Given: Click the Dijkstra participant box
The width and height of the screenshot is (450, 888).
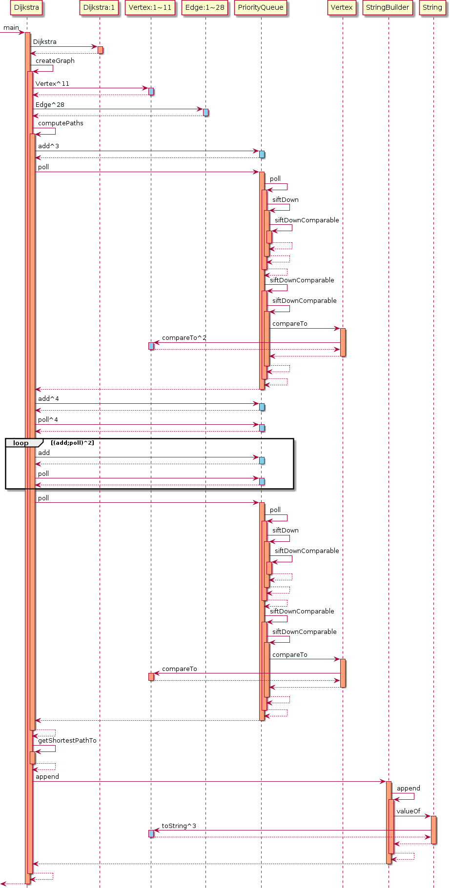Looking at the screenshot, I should click(x=26, y=7).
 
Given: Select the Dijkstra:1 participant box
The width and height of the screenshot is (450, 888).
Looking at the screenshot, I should click(x=99, y=7).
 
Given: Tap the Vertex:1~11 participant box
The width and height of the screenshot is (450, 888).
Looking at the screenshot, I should click(x=150, y=7).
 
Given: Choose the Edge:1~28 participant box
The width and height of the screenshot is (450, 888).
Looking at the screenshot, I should click(x=205, y=7).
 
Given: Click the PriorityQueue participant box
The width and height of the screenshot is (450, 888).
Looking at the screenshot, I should click(x=261, y=7).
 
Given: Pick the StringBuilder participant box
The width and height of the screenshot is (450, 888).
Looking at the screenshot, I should click(x=388, y=7).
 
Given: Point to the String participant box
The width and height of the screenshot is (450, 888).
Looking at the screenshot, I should click(x=432, y=7).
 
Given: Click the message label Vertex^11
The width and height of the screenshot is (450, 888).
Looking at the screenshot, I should click(x=52, y=84).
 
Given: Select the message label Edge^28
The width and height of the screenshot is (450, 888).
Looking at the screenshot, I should click(x=50, y=105).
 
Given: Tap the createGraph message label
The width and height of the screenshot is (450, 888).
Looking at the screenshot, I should click(x=55, y=61).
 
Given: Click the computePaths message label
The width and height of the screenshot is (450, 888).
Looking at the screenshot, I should click(x=61, y=123).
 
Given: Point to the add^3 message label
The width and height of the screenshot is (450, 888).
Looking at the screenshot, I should click(x=48, y=146).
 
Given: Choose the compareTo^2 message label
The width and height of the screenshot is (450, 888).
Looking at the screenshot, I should click(x=184, y=338).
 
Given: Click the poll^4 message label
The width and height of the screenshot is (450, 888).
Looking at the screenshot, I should click(x=48, y=420).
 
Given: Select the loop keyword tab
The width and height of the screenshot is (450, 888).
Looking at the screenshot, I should click(x=21, y=443).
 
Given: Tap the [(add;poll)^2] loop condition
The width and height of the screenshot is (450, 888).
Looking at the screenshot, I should click(x=72, y=443).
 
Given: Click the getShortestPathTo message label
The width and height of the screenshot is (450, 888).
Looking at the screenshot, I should click(x=67, y=741).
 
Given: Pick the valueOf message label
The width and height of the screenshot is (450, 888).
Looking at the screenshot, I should click(x=408, y=811).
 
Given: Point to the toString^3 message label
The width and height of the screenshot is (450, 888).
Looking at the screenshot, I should click(x=179, y=826).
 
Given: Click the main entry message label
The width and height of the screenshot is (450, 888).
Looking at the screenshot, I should click(x=11, y=28).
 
